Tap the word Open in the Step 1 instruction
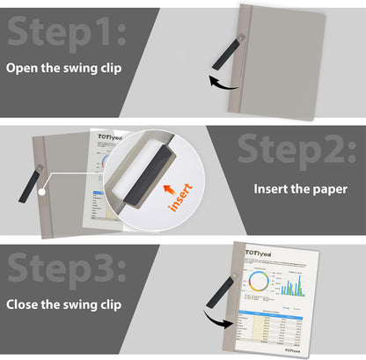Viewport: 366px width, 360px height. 23,68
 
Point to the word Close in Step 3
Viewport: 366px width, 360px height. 25,305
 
